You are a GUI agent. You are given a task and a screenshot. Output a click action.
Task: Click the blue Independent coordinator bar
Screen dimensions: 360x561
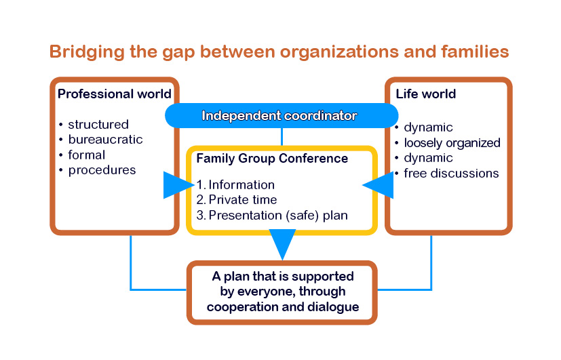point(281,115)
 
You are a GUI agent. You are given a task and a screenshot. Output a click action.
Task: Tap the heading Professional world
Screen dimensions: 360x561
point(114,94)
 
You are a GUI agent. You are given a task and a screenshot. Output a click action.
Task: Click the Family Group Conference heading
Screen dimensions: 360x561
point(272,159)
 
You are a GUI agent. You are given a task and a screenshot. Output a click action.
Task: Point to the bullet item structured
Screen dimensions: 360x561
point(98,125)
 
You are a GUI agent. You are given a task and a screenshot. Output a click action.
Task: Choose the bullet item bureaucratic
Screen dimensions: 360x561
point(105,140)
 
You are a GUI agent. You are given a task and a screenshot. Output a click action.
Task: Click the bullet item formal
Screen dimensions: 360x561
point(87,155)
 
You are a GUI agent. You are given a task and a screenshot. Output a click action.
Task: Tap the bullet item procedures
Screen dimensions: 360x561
point(102,170)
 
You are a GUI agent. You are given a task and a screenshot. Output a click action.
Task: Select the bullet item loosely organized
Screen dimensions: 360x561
point(452,142)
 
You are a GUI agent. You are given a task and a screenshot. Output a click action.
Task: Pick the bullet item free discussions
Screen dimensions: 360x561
point(451,173)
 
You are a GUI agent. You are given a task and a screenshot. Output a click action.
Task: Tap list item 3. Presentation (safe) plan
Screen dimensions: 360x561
point(271,216)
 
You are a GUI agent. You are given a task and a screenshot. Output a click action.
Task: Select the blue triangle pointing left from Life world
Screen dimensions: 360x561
point(379,184)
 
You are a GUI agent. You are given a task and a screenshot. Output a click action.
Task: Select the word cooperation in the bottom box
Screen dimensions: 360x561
point(240,306)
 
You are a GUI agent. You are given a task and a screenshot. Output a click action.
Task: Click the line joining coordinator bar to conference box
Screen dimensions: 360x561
point(281,136)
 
